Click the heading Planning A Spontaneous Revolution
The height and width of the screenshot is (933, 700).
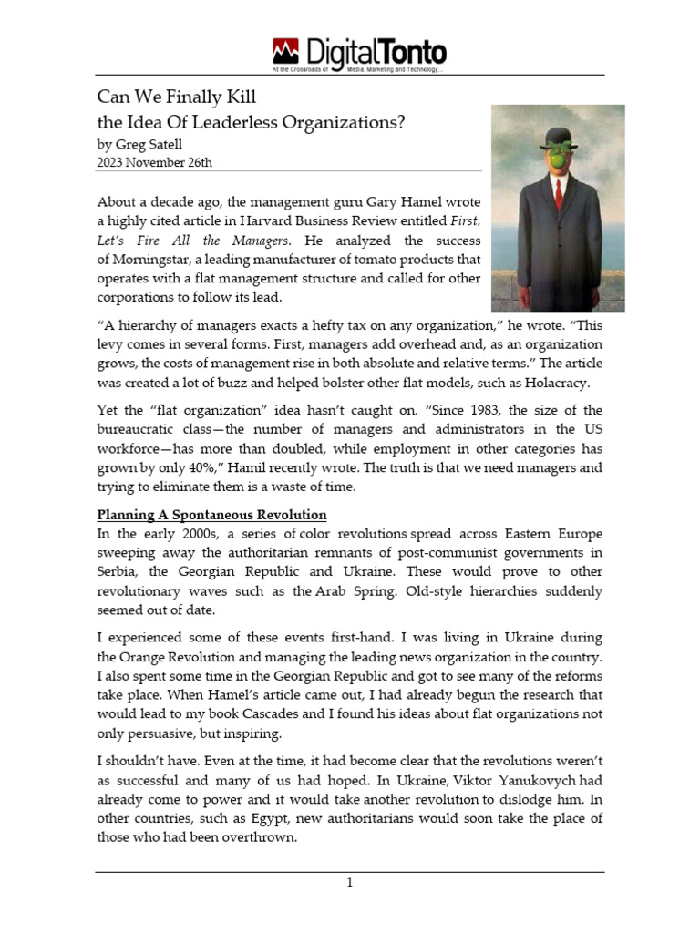pyautogui.click(x=211, y=515)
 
